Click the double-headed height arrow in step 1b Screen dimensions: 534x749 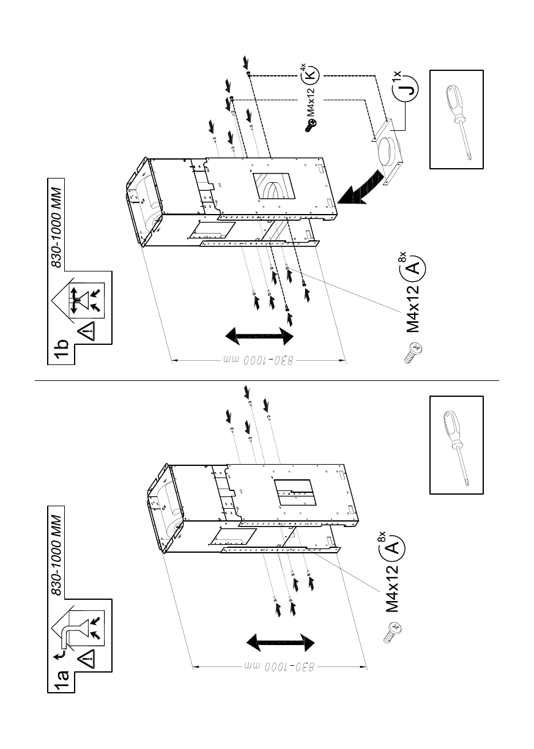click(258, 335)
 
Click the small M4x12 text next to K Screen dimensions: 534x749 click(311, 101)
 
